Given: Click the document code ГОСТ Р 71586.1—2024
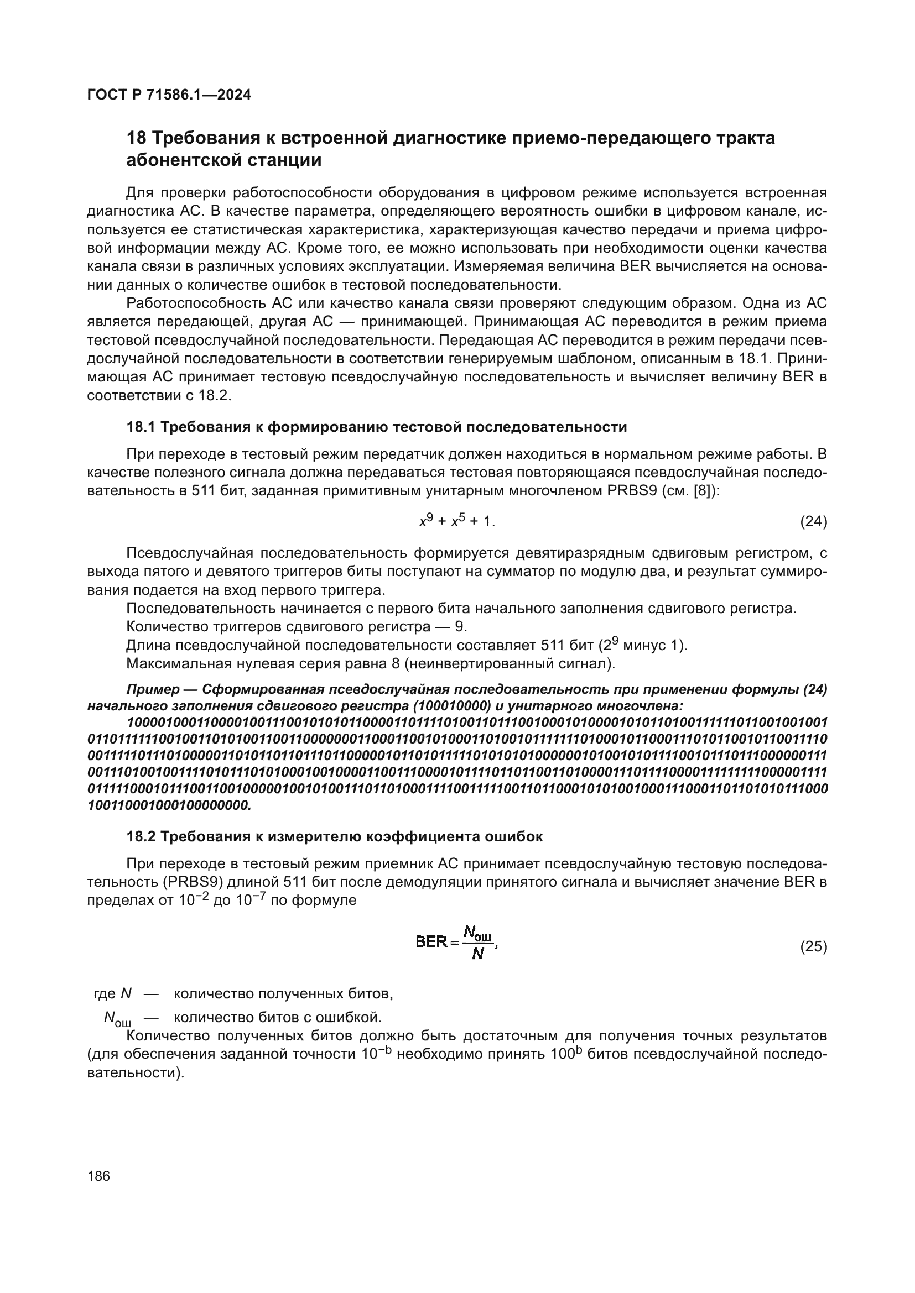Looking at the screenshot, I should [169, 95].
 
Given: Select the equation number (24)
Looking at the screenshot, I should [813, 522].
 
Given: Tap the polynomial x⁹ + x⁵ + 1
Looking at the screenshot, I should [457, 521].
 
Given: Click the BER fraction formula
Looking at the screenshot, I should [456, 943].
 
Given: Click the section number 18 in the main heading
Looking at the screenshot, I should [136, 138].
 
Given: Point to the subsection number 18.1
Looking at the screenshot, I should [141, 427].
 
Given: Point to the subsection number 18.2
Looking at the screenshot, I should [141, 837].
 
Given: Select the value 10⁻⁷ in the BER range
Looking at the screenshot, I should [250, 900].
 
